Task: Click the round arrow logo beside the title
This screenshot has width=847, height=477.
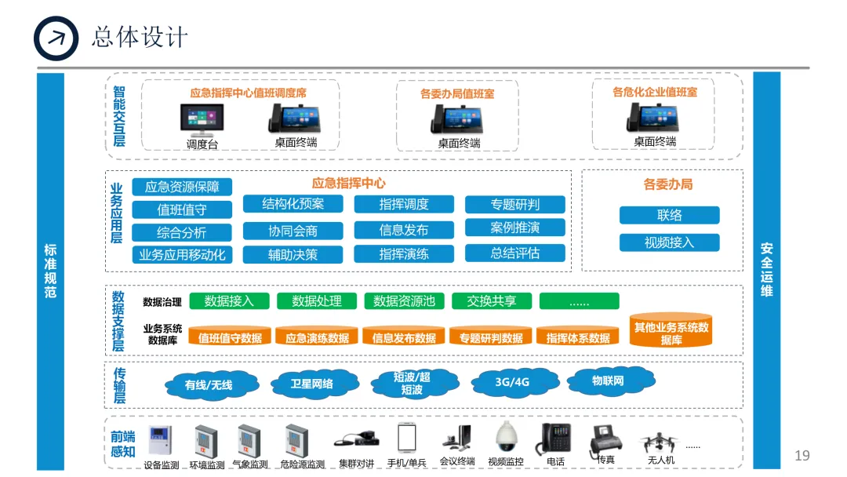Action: tap(56, 38)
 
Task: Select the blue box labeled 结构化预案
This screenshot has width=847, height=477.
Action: tap(293, 204)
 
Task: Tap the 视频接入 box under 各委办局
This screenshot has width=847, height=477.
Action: tap(669, 242)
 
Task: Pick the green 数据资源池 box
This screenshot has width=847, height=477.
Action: tap(404, 301)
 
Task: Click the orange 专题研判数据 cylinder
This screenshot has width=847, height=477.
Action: tap(491, 337)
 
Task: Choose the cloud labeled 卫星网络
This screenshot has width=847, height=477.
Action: tap(311, 384)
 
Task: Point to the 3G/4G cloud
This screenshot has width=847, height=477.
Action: tap(512, 382)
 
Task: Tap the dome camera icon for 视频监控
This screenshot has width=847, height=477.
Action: tap(506, 437)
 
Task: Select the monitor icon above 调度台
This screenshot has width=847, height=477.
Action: tap(202, 120)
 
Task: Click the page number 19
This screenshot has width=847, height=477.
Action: tap(802, 456)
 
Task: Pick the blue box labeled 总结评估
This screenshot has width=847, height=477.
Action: tap(514, 253)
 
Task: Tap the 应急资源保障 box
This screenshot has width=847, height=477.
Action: tap(182, 187)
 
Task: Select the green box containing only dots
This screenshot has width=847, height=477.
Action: tap(579, 301)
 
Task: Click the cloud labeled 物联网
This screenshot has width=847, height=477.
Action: tap(608, 381)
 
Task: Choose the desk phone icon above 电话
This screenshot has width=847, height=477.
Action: tap(555, 439)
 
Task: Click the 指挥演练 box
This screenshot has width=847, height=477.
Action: tap(404, 254)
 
